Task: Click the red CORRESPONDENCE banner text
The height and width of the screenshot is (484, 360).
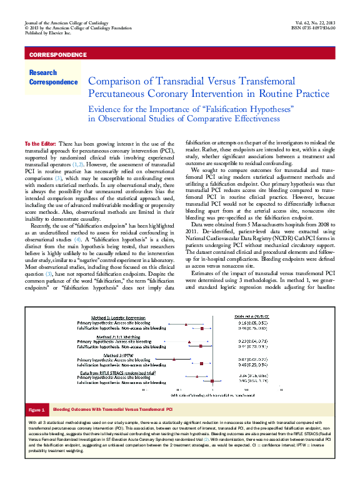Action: click(57, 55)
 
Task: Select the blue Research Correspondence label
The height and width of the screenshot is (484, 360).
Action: click(52, 78)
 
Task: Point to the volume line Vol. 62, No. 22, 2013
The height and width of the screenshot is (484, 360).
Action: click(312, 23)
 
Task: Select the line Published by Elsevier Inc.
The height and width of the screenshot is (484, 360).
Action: click(47, 34)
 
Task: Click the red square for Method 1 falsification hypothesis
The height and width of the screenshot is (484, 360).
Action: click(204, 328)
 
